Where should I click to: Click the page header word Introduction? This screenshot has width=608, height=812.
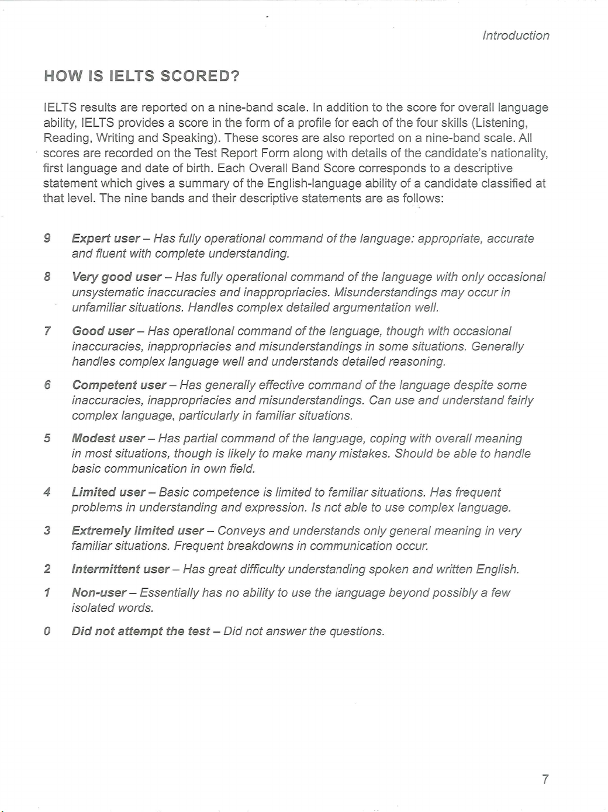[516, 36]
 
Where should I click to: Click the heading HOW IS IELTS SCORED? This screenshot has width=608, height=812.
[142, 77]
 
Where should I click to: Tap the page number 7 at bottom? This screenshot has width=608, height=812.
[545, 779]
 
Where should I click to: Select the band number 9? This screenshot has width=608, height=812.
[47, 238]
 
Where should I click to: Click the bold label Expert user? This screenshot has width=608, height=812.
[105, 238]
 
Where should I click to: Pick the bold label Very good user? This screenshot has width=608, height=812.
[116, 277]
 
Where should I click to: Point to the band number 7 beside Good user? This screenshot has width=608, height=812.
[47, 331]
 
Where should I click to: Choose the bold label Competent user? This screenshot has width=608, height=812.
[119, 385]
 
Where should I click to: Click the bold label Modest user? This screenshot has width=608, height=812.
[108, 439]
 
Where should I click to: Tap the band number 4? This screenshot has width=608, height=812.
[47, 492]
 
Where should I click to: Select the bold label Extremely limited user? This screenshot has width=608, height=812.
[137, 531]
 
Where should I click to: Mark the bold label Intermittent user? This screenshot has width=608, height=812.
[120, 569]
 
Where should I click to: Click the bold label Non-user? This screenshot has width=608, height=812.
[99, 593]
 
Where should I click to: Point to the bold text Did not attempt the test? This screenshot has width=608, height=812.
[140, 631]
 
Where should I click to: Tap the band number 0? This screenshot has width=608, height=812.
[47, 631]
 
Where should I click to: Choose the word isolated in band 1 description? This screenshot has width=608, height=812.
[92, 608]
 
